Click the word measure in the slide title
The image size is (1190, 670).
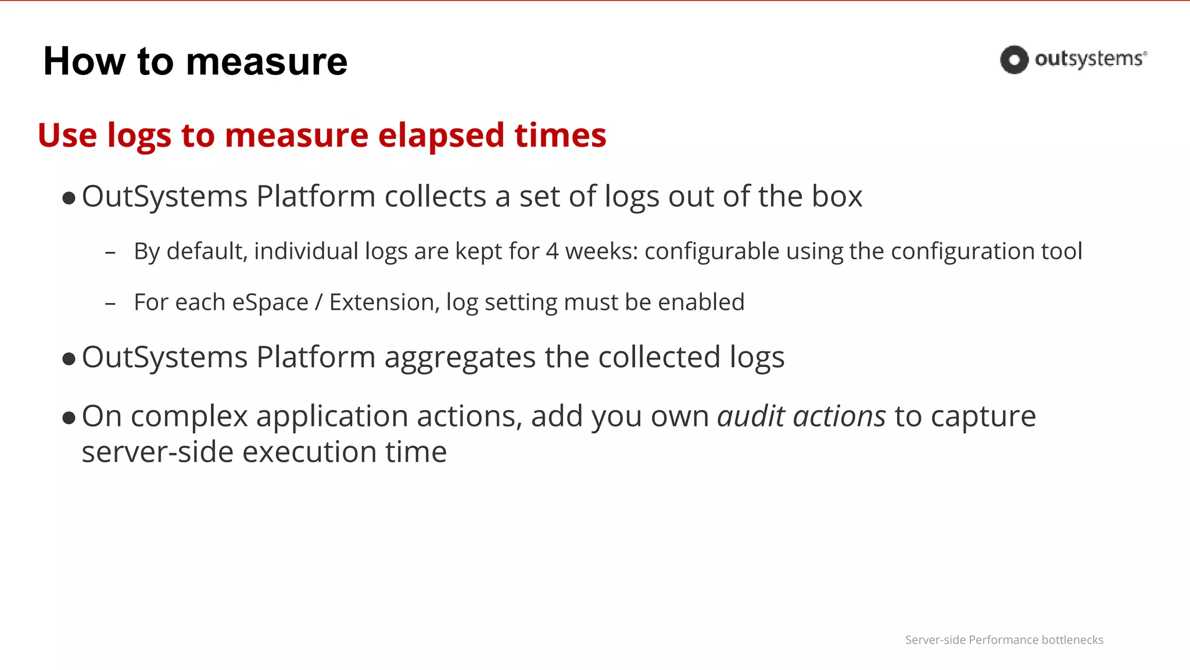pos(267,62)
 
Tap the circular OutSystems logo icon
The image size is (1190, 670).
pos(1014,59)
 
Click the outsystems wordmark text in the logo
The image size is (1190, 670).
pos(1090,59)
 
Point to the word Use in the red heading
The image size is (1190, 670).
pos(67,136)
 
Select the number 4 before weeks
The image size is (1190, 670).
pos(552,251)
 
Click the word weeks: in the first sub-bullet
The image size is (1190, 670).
pos(602,251)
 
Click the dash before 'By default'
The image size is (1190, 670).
pos(110,253)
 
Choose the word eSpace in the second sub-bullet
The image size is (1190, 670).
pos(270,302)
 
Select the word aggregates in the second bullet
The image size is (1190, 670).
pos(460,358)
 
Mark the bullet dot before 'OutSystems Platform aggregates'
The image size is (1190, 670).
pos(69,359)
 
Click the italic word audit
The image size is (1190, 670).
pos(751,416)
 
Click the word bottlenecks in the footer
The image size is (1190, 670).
pos(1072,640)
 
